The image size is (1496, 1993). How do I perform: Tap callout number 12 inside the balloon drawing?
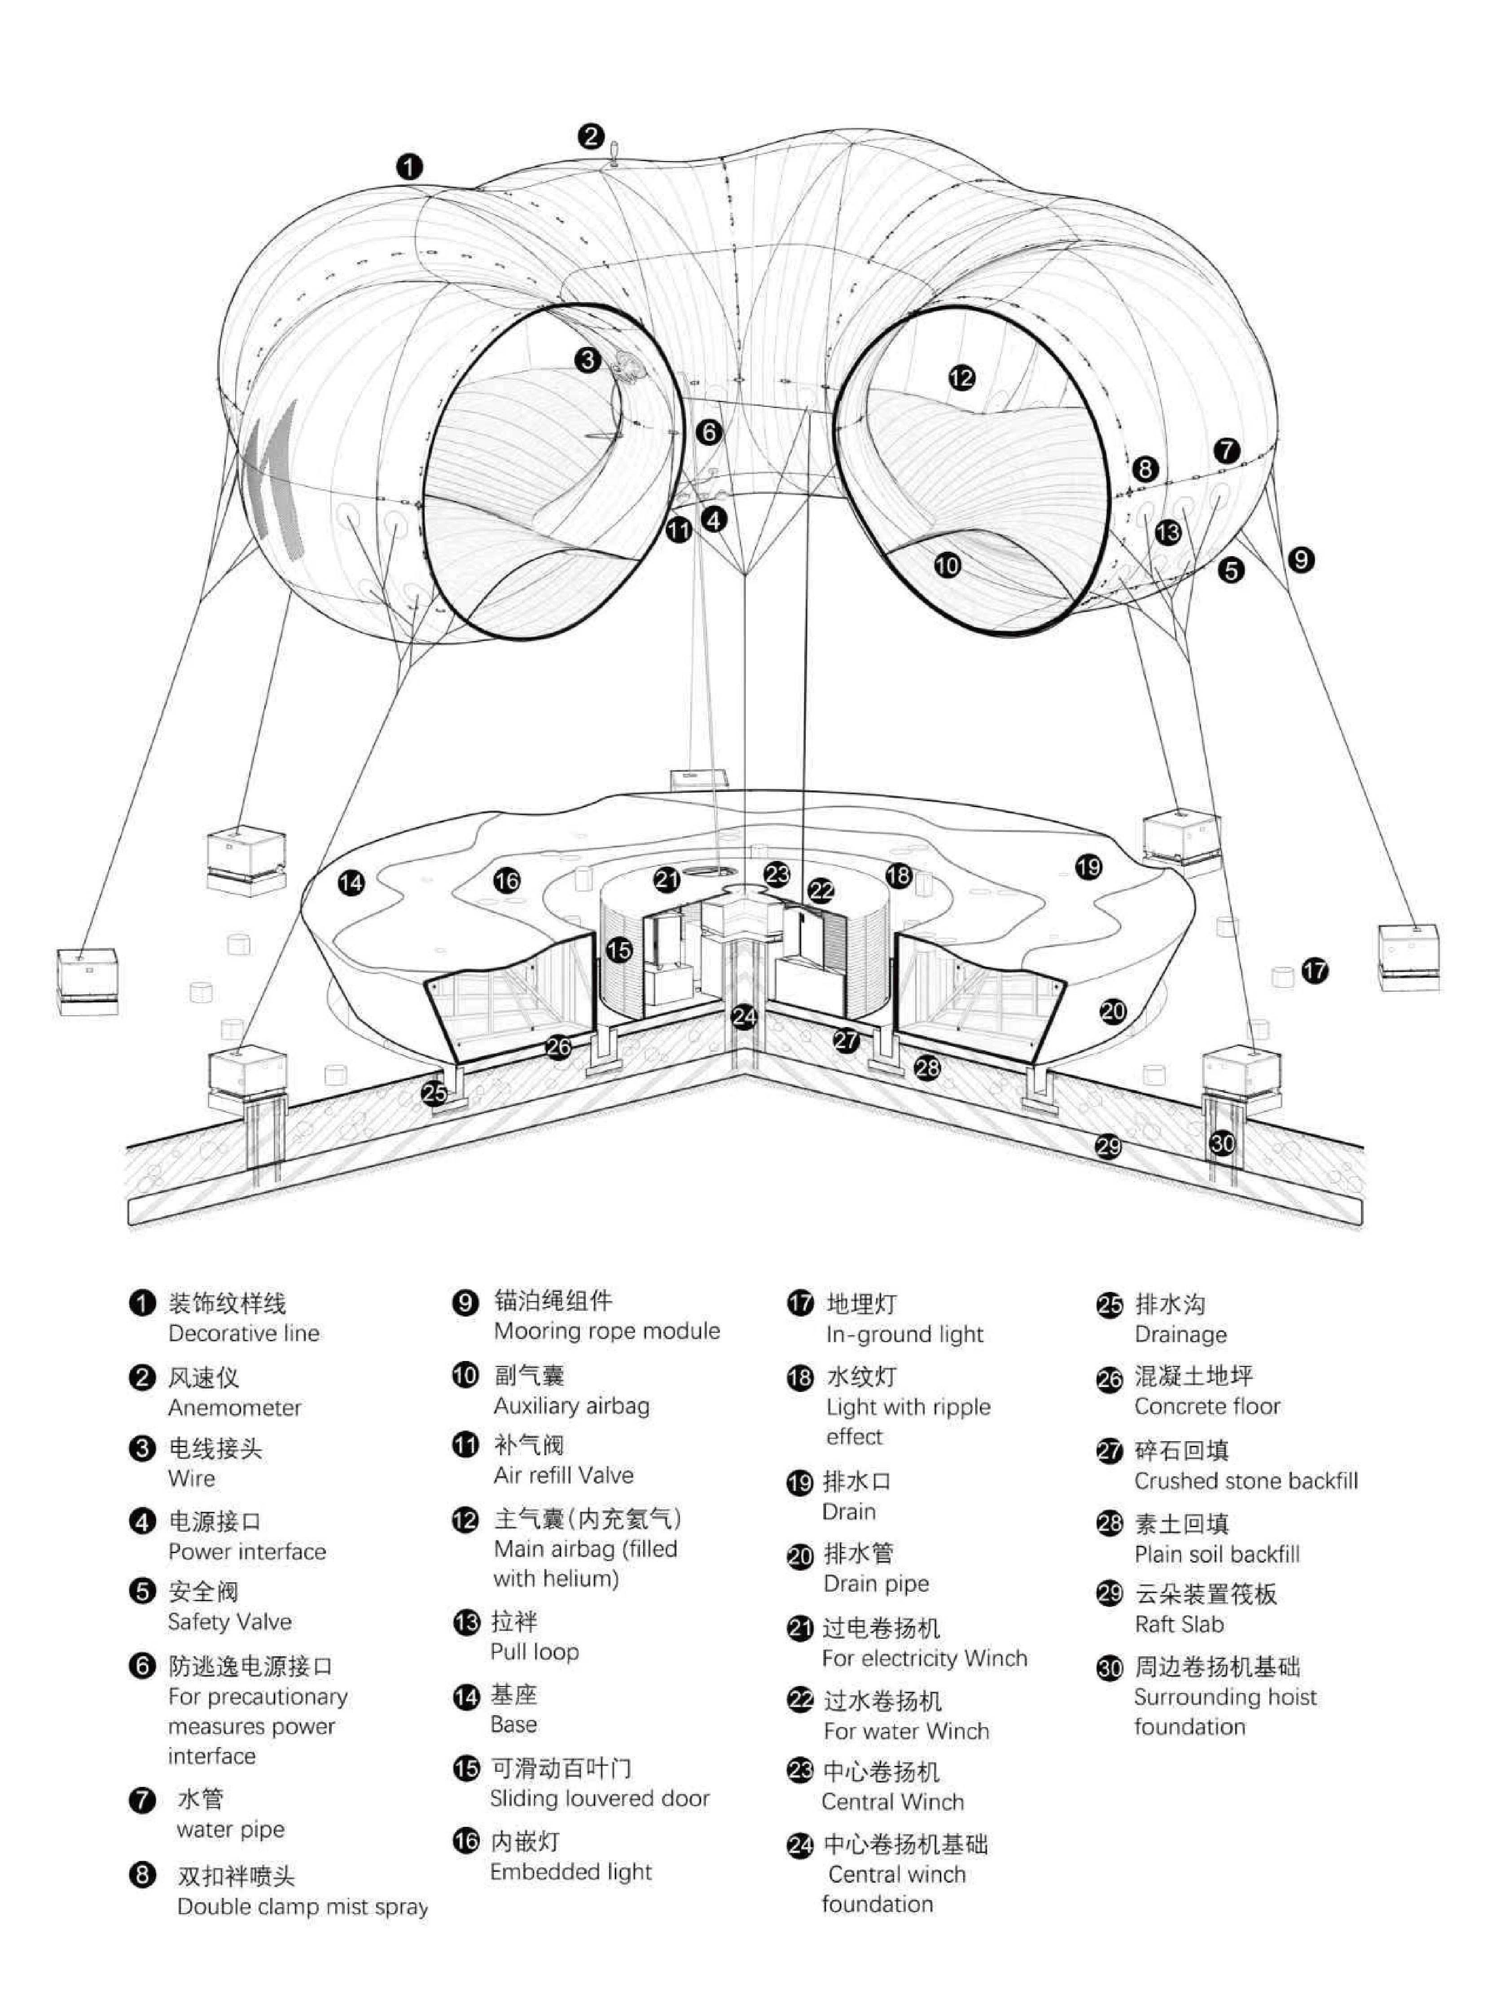[961, 377]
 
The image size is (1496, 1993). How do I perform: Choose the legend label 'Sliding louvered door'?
[599, 1798]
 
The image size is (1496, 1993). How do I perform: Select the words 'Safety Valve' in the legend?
[230, 1622]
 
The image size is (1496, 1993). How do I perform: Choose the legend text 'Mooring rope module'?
[606, 1331]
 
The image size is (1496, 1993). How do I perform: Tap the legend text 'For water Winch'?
[906, 1731]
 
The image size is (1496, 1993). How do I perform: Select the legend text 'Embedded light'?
[570, 1871]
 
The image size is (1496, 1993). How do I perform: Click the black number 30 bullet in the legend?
[1110, 1668]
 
